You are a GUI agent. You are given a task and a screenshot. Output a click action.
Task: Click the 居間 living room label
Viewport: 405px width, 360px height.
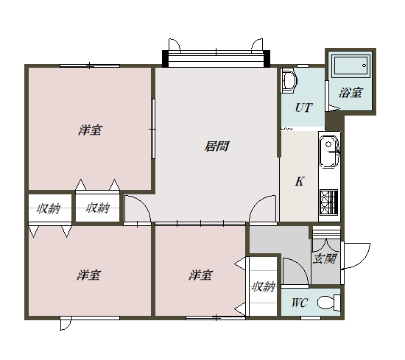[x=216, y=147]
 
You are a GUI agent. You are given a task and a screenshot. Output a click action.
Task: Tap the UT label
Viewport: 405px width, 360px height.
[x=303, y=107]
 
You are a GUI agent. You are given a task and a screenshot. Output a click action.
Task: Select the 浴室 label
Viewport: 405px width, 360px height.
[x=350, y=93]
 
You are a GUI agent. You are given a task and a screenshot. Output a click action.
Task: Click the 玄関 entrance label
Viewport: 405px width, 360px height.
[x=325, y=258]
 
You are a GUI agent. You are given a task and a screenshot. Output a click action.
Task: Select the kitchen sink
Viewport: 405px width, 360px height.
[x=328, y=152]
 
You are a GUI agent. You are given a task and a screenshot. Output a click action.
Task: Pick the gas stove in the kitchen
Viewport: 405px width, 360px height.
[x=328, y=201]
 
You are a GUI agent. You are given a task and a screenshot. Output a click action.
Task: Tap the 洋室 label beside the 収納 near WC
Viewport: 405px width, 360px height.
[x=200, y=275]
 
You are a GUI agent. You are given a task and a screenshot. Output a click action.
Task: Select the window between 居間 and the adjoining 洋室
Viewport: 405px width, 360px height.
[x=154, y=129]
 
